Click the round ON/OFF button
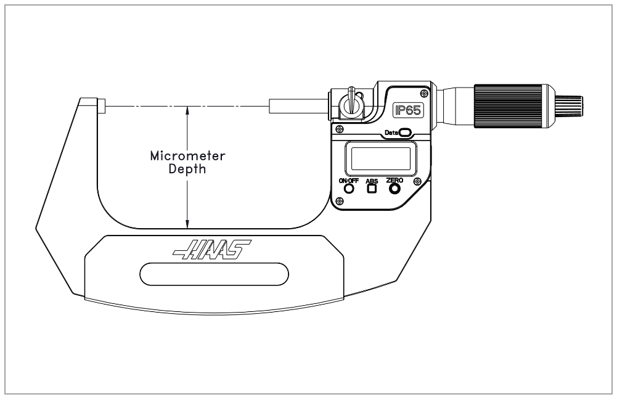349,189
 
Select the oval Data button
406,133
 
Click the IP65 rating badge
408,110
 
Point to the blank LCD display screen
381,158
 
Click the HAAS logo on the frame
211,250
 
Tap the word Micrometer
188,156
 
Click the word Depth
187,169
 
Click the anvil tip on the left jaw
102,106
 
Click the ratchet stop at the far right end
569,106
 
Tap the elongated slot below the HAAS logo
214,274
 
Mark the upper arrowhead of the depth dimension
187,110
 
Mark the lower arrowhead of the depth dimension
187,224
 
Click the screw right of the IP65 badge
424,93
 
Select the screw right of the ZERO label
417,181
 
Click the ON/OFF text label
349,181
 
